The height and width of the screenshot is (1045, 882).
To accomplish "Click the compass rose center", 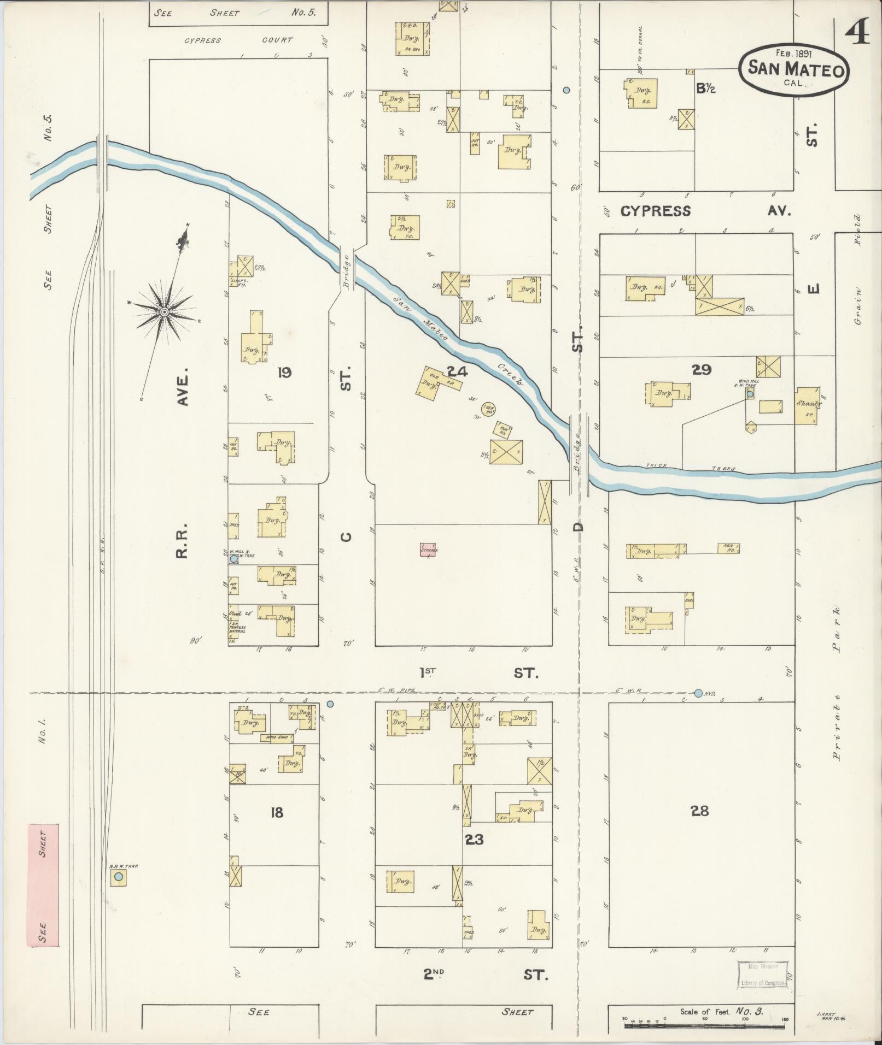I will tap(164, 311).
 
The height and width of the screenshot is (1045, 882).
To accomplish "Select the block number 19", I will tap(284, 373).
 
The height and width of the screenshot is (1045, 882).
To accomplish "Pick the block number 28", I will tap(700, 811).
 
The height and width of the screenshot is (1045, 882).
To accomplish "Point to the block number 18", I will tap(277, 812).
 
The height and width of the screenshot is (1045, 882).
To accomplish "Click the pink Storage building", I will tap(428, 550).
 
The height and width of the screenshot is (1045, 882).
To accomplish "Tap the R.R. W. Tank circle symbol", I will tap(118, 876).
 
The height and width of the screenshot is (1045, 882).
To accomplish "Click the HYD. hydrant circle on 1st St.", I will tap(698, 693).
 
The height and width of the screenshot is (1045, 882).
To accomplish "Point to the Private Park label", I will tap(836, 683).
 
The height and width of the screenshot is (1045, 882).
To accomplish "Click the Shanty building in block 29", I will tap(806, 405).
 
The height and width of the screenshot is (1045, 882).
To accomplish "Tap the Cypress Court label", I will tap(238, 40).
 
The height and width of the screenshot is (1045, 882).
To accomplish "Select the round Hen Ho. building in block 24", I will tap(489, 409).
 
